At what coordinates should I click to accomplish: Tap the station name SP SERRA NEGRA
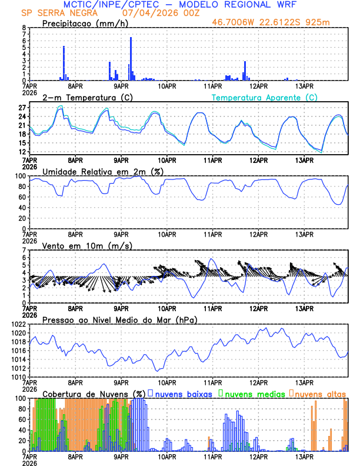tap(57, 13)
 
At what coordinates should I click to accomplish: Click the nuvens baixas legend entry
tap(184, 393)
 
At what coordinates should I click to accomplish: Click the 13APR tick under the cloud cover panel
tap(304, 456)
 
